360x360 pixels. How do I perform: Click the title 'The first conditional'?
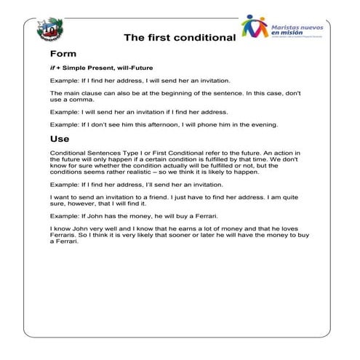click(179, 37)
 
